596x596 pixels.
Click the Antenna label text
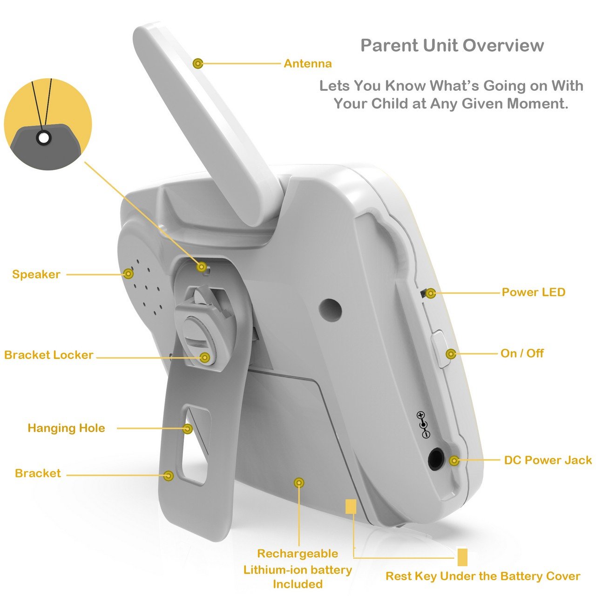pyautogui.click(x=307, y=64)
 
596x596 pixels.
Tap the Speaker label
pyautogui.click(x=36, y=274)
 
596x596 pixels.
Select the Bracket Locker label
pyautogui.click(x=49, y=355)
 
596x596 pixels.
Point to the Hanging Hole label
pyautogui.click(x=67, y=428)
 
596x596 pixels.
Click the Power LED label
pyautogui.click(x=534, y=292)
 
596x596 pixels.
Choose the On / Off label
pyautogui.click(x=522, y=353)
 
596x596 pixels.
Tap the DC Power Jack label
pyautogui.click(x=548, y=460)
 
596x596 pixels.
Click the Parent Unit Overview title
pyautogui.click(x=452, y=46)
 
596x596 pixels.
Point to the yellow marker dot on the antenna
pyautogui.click(x=197, y=64)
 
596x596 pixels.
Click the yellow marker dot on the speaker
pyautogui.click(x=129, y=274)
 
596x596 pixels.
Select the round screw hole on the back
pyautogui.click(x=330, y=310)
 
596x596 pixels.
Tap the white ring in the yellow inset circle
pyautogui.click(x=44, y=138)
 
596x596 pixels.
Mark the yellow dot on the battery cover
pyautogui.click(x=299, y=482)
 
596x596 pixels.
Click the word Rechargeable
pyautogui.click(x=298, y=554)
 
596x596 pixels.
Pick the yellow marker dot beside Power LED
pyautogui.click(x=431, y=293)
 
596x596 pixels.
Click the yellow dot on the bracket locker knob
pyautogui.click(x=205, y=358)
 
